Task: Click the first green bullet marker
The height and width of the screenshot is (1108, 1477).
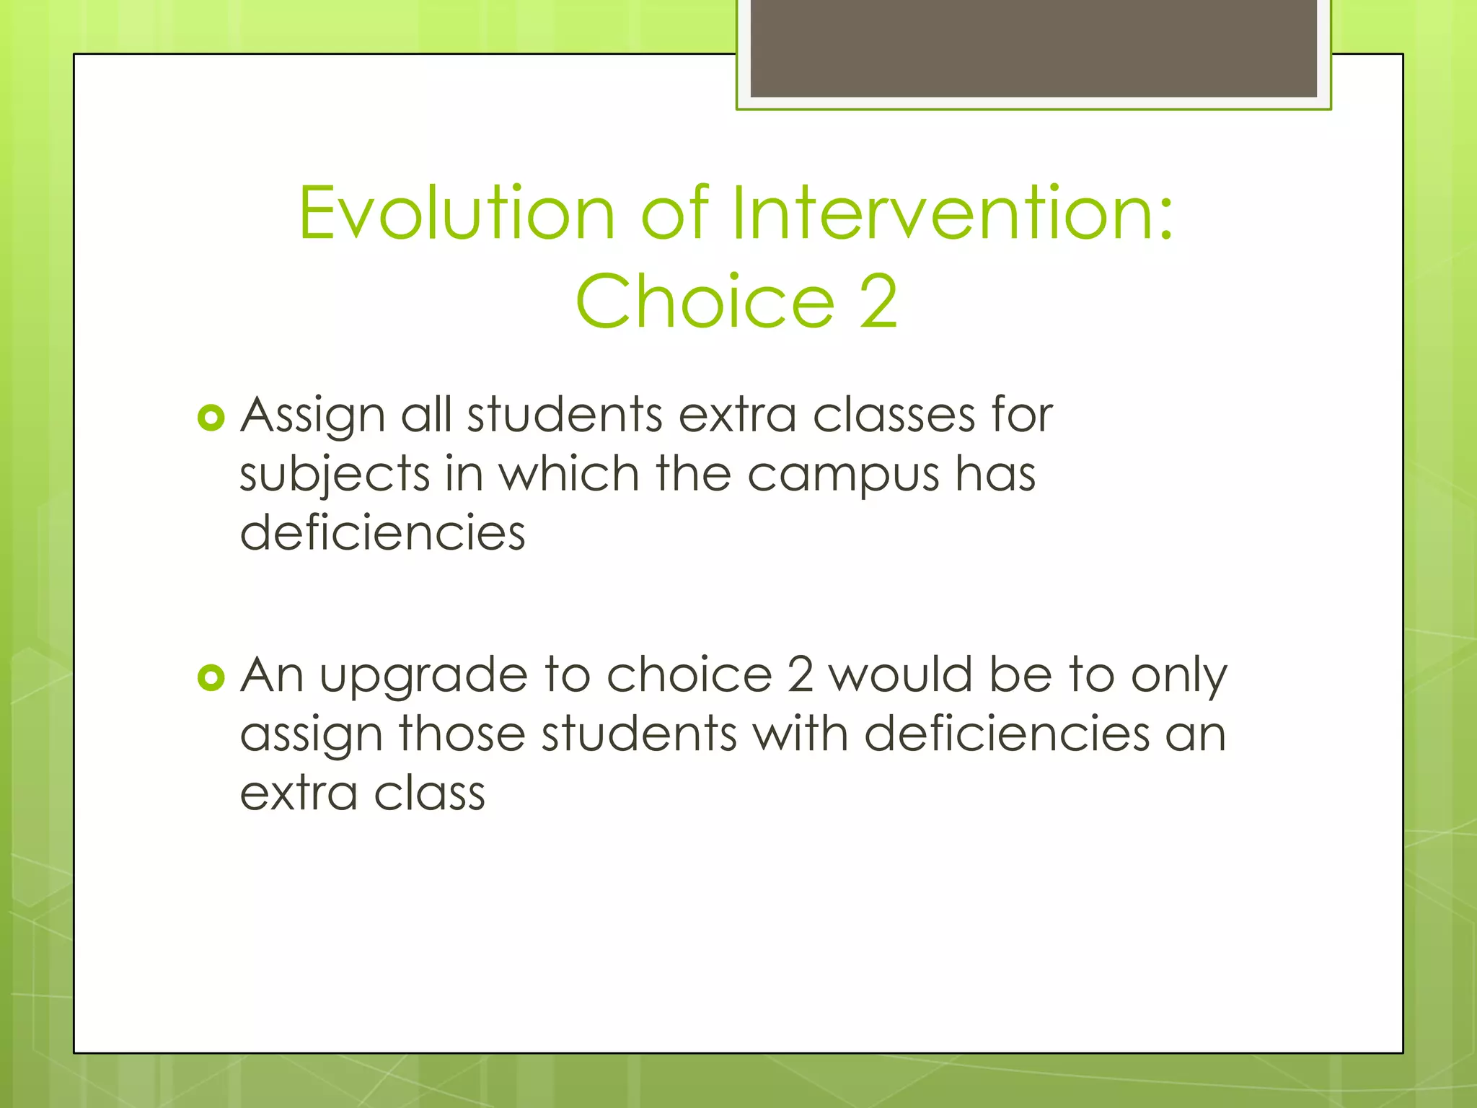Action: coord(211,418)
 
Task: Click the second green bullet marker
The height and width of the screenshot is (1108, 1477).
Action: coord(211,677)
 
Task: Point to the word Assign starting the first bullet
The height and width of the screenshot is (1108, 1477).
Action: coord(312,416)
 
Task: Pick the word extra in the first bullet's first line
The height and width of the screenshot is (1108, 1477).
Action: coord(737,416)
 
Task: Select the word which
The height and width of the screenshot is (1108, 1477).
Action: coord(570,475)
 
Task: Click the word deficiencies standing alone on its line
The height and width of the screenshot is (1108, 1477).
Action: coord(382,534)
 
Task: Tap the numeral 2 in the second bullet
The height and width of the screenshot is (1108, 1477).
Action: coord(801,675)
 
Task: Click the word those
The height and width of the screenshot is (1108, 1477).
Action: coord(462,734)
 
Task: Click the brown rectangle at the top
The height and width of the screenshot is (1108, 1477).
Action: coord(1033,48)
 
